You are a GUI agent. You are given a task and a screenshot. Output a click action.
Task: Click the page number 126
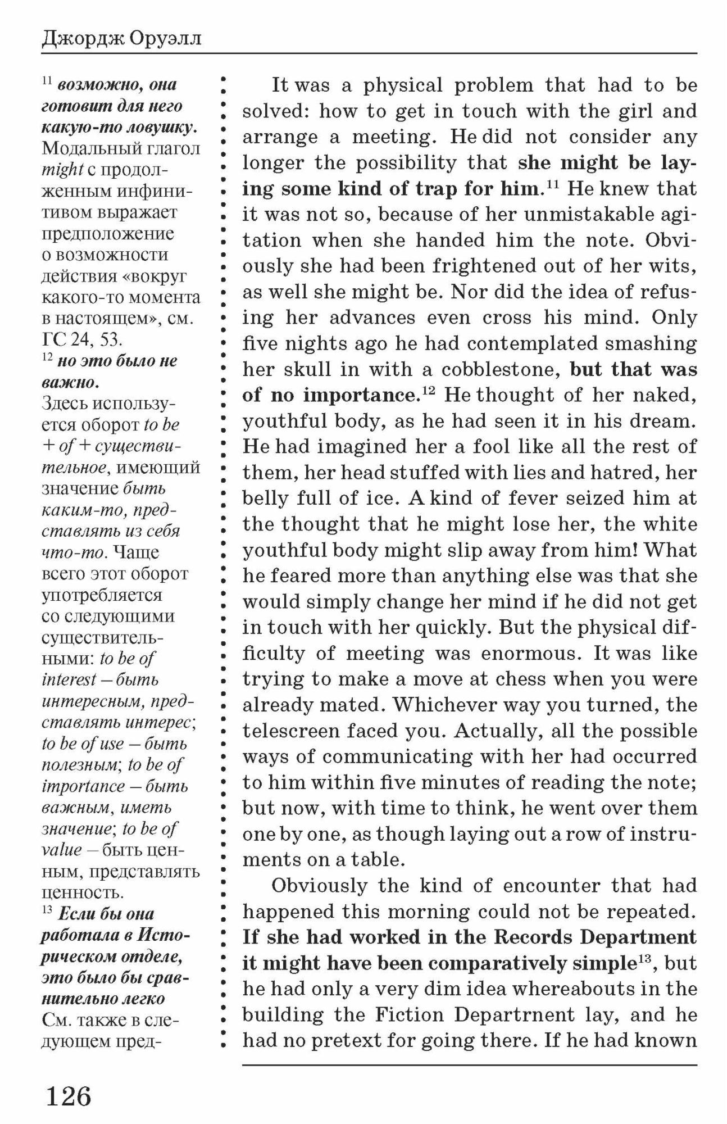68,1096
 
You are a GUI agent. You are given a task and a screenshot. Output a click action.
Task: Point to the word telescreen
290,731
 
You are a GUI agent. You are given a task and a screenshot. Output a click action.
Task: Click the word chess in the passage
516,679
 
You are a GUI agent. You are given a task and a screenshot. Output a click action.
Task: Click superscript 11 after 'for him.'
552,184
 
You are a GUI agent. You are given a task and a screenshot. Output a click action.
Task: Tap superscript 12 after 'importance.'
428,391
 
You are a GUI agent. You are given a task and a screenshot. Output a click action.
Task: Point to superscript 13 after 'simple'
642,959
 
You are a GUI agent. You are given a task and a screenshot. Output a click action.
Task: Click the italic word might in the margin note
62,170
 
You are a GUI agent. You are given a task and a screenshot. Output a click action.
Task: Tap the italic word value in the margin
62,850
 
